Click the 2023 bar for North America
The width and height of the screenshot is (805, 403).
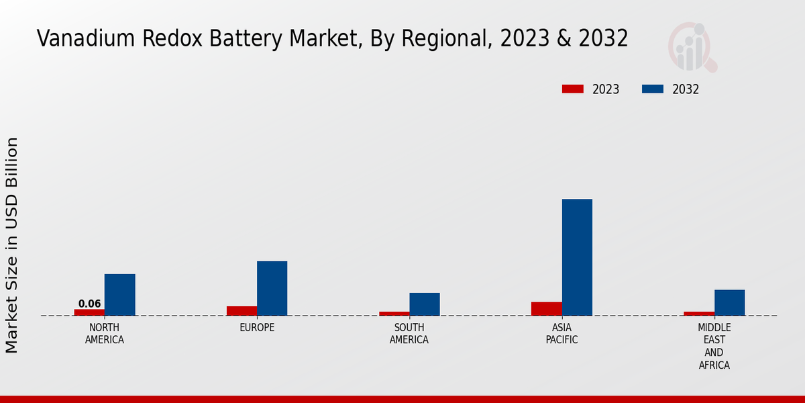(89, 312)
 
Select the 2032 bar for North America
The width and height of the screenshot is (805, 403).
(119, 295)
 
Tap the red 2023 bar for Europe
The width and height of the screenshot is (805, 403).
(241, 311)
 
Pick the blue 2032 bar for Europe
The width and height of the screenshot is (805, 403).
(272, 288)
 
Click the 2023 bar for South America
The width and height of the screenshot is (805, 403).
(394, 314)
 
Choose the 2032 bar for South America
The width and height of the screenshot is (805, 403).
(425, 304)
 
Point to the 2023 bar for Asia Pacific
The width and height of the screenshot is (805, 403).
(546, 309)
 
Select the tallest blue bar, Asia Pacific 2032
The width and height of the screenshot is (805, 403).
(577, 257)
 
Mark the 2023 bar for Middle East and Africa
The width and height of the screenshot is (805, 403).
(699, 314)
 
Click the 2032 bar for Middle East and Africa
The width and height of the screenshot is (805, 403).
(729, 303)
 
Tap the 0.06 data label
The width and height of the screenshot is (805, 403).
(89, 304)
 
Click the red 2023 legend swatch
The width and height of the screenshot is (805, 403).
(572, 89)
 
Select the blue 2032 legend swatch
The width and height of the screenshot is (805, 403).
(653, 89)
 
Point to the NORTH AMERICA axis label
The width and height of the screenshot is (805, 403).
(105, 334)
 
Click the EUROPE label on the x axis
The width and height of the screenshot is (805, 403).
(257, 328)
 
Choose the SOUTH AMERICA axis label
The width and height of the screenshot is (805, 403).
(409, 334)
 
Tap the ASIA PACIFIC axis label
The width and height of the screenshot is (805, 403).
(561, 334)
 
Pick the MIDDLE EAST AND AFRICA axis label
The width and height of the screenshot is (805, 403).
(714, 347)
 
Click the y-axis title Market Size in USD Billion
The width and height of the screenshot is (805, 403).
(12, 245)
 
